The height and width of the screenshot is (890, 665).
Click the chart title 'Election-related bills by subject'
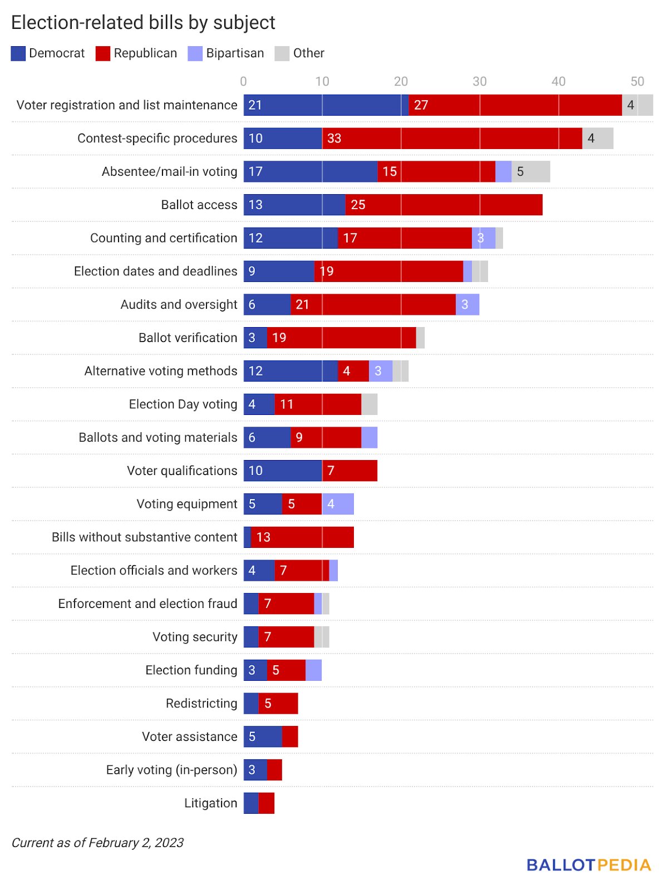click(143, 23)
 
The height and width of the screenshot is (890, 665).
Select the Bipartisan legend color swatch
click(195, 53)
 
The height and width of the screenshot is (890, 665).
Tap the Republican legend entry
click(137, 53)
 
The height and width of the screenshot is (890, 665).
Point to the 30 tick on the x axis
click(480, 82)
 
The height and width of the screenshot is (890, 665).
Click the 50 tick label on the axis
click(637, 82)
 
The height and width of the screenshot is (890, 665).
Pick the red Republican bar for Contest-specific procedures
click(452, 139)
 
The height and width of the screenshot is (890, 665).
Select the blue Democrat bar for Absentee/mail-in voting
click(311, 171)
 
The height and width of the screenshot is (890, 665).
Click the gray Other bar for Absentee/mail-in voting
click(531, 171)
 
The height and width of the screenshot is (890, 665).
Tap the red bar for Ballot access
click(444, 205)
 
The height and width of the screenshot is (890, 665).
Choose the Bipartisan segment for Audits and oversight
click(467, 304)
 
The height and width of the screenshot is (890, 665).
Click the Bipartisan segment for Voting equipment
click(338, 504)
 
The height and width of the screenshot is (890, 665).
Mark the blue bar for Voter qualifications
click(283, 471)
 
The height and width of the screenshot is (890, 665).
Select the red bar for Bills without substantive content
click(302, 537)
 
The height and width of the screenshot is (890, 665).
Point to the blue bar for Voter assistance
click(263, 736)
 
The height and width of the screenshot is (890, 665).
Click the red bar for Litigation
click(267, 803)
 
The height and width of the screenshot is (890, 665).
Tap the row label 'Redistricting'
click(201, 704)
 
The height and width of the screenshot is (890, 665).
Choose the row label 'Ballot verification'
click(188, 338)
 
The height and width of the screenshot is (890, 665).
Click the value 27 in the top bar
click(421, 105)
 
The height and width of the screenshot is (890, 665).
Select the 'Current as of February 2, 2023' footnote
click(97, 843)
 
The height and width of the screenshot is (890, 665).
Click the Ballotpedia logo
click(589, 865)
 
